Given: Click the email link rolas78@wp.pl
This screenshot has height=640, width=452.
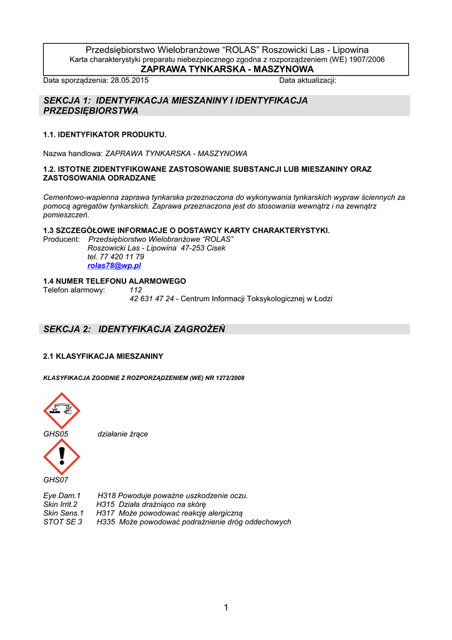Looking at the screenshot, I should (114, 266).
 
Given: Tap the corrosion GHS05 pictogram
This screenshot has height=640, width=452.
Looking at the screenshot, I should (61, 411).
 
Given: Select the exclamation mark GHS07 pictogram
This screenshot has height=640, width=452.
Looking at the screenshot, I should (61, 456).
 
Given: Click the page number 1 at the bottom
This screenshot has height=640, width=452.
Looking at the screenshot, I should (225, 607).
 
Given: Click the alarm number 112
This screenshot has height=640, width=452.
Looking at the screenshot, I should (135, 290).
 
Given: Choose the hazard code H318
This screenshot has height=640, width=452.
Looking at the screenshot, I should (107, 496).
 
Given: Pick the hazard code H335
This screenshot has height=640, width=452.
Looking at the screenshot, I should (106, 522).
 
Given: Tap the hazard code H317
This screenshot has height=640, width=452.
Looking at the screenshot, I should (106, 513).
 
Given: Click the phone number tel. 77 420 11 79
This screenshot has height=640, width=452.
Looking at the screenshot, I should (115, 257).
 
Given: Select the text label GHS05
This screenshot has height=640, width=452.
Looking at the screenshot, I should (56, 434).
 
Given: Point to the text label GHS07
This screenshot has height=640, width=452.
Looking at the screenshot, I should (56, 480).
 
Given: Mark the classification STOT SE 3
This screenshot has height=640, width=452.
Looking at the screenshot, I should (62, 522).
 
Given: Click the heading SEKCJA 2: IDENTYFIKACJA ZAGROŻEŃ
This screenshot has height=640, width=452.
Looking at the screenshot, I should (134, 329).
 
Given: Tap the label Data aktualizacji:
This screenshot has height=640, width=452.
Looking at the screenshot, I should (308, 81).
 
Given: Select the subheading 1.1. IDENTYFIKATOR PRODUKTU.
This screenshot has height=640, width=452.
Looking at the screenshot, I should (105, 134).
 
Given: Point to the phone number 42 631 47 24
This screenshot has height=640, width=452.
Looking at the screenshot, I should (152, 299).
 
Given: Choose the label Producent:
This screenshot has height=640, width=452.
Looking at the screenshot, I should (61, 239).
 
